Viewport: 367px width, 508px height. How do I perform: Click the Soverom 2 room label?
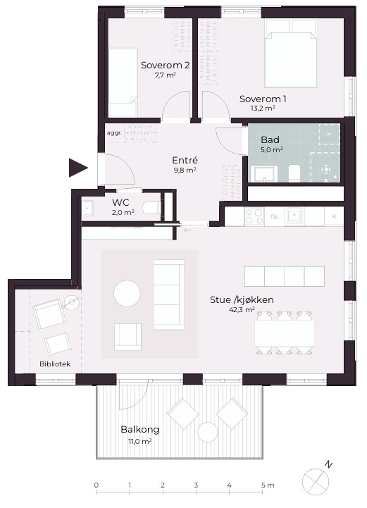pos(166,65)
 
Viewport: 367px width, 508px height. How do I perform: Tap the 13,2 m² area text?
pos(263,109)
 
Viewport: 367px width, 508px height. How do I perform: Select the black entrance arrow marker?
pos(78,168)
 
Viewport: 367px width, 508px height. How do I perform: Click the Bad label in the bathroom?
pos(270,140)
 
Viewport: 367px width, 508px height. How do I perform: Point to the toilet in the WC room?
pos(151,208)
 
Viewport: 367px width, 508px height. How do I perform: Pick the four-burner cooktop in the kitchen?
pos(254,216)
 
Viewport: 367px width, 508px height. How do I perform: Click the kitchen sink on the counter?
pos(294,216)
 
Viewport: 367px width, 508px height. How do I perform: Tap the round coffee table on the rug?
pos(127,293)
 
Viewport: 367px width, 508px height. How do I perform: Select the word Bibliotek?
pos(55,364)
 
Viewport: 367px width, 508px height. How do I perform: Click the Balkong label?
pos(140,430)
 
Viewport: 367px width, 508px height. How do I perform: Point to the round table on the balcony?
pos(207,433)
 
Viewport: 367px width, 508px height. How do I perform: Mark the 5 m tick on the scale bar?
pos(262,492)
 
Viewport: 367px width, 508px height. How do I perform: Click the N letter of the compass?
pos(329,465)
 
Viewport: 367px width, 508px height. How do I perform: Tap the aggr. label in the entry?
pos(114,133)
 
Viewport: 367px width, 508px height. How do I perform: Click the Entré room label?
pos(185,160)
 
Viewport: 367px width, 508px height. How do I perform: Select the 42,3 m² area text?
pos(242,309)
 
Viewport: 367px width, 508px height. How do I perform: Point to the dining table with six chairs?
pos(285,333)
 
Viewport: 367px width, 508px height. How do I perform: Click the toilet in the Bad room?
pos(294,173)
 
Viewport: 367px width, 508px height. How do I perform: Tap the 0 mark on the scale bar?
pos(97,485)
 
